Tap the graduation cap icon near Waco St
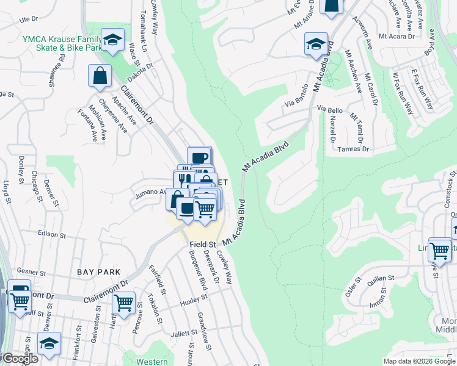[x=112, y=40]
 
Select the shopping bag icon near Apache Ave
[x=100, y=76]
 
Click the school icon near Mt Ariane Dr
[x=316, y=44]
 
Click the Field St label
[x=203, y=244]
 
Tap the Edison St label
[x=51, y=234]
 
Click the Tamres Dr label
[x=354, y=149]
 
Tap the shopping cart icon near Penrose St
[x=124, y=301]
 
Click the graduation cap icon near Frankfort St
[x=49, y=343]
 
